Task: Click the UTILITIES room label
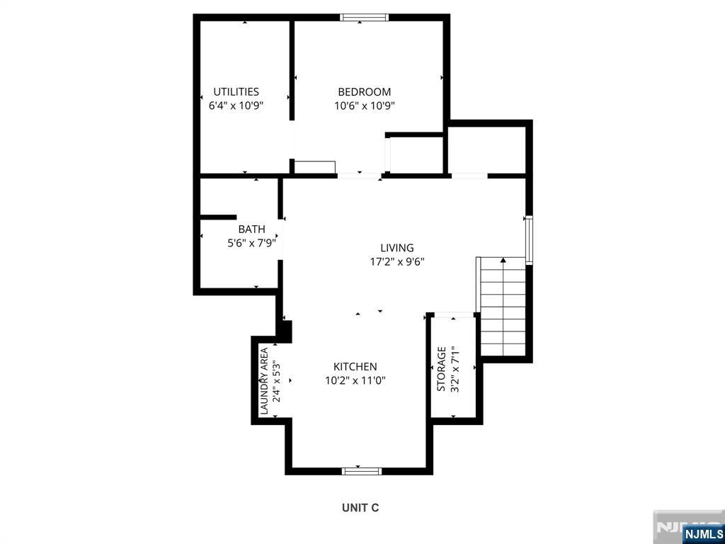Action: pos(236,91)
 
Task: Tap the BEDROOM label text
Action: pos(365,91)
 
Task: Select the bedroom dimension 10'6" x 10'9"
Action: pos(365,106)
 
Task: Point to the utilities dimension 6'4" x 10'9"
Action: pos(236,106)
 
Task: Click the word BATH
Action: pos(251,229)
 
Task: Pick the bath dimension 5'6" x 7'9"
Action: pos(251,243)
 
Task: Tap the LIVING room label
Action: pos(396,248)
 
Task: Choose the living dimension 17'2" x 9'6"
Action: pos(396,262)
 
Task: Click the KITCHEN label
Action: pos(355,367)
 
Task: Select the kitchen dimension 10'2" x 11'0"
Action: pos(355,380)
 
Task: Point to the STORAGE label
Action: pos(442,369)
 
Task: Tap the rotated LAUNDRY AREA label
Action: pos(264,380)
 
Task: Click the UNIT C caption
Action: pos(360,508)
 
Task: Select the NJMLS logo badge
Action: pos(702,533)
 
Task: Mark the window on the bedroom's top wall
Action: pos(365,18)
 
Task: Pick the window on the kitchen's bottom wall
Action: pos(362,471)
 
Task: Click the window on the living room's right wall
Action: pos(529,239)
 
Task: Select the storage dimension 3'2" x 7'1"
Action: pos(455,369)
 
